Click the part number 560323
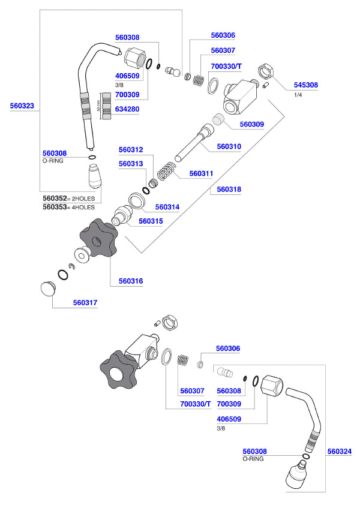point(23,106)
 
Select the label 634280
point(127,110)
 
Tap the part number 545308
point(306,85)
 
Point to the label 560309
point(252,125)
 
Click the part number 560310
point(229,146)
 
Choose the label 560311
point(202,173)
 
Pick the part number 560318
point(229,189)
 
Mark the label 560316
point(131,280)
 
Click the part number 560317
point(85,303)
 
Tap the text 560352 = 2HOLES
point(68,198)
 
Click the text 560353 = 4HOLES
point(68,207)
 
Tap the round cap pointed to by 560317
point(46,288)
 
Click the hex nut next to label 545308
point(266,71)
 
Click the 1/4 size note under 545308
point(298,95)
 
